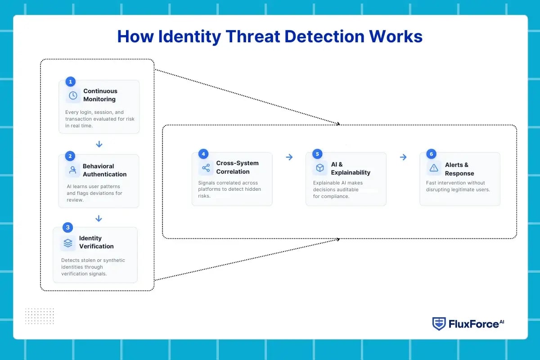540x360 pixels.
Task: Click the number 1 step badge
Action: pos(70,81)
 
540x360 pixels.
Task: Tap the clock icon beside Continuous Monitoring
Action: pos(72,95)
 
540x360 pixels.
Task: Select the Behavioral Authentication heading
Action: pos(104,170)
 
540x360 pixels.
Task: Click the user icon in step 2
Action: pos(72,170)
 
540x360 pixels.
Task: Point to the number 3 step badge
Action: pos(67,227)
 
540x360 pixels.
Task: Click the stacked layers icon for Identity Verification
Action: pos(68,243)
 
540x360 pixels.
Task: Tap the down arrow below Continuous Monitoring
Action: pos(99,144)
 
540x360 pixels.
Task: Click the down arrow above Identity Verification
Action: pos(99,218)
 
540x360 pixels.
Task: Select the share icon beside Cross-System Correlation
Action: pos(206,168)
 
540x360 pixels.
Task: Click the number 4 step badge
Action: pos(203,154)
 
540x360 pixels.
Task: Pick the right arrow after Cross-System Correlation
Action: pos(289,157)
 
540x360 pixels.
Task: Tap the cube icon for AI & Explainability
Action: pos(319,168)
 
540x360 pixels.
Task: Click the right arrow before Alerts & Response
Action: pos(403,157)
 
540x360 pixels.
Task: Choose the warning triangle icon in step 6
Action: pos(434,168)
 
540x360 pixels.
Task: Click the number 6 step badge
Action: pos(431,154)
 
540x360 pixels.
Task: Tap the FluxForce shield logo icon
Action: pos(439,324)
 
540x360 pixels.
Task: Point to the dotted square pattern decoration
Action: pos(39,316)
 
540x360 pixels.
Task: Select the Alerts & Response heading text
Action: pos(459,169)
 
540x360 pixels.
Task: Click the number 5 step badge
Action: pos(317,154)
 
